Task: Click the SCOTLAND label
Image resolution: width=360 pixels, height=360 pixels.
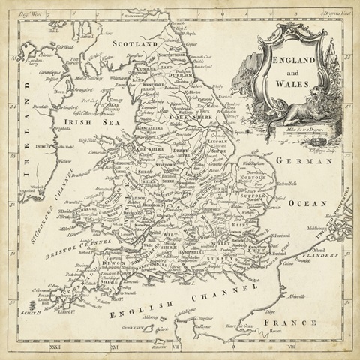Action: point(134,44)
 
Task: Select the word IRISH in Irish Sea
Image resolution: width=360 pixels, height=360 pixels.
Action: point(78,121)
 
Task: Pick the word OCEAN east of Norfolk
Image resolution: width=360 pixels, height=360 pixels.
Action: point(310,203)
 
